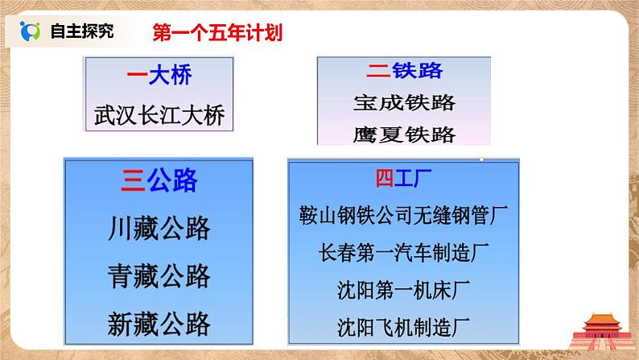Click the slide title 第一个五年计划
point(210,33)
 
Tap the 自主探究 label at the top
point(82,32)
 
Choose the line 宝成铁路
point(404,102)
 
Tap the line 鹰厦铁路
point(404,134)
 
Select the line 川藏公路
point(159,230)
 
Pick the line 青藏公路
point(159,277)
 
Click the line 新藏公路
point(159,324)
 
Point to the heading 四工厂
point(403,178)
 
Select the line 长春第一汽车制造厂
point(403,251)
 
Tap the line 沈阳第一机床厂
point(403,288)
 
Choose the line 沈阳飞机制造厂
point(403,326)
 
